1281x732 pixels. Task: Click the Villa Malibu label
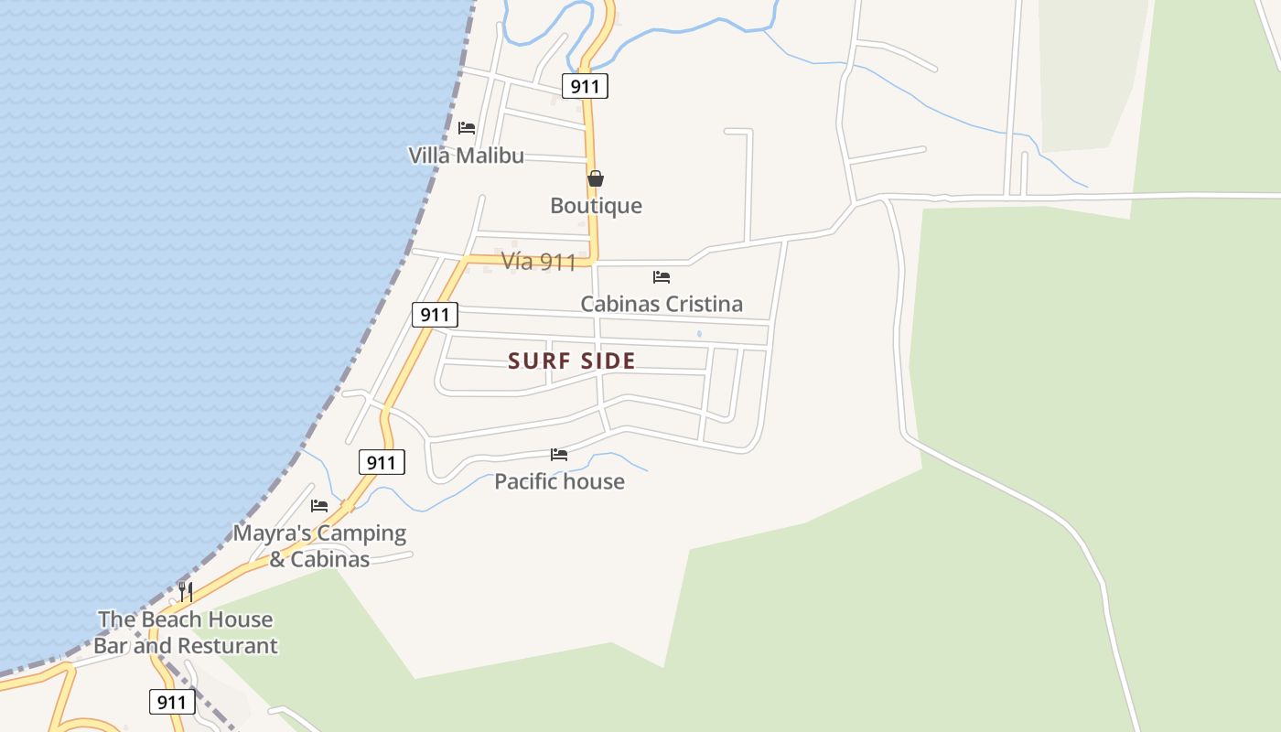pyautogui.click(x=466, y=156)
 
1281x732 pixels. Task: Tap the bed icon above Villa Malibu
pyautogui.click(x=467, y=128)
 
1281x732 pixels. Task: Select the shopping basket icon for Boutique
pyautogui.click(x=596, y=178)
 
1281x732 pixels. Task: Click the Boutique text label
pyautogui.click(x=596, y=206)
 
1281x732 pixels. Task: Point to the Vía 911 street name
pyautogui.click(x=539, y=263)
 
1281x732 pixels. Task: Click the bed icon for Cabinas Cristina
pyautogui.click(x=662, y=277)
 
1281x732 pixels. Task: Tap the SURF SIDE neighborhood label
pyautogui.click(x=572, y=361)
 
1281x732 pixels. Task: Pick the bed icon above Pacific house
pyautogui.click(x=559, y=455)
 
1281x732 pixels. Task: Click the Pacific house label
pyautogui.click(x=559, y=481)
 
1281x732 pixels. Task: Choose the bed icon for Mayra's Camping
pyautogui.click(x=319, y=505)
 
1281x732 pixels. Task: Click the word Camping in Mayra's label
pyautogui.click(x=361, y=533)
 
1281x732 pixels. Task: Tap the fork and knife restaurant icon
pyautogui.click(x=185, y=591)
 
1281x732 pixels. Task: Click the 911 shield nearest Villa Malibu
pyautogui.click(x=585, y=87)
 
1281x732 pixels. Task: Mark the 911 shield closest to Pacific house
pyautogui.click(x=381, y=463)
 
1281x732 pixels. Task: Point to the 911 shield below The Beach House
pyautogui.click(x=172, y=703)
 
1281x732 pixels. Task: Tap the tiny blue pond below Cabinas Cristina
pyautogui.click(x=699, y=334)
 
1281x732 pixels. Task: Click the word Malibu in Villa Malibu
pyautogui.click(x=490, y=156)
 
